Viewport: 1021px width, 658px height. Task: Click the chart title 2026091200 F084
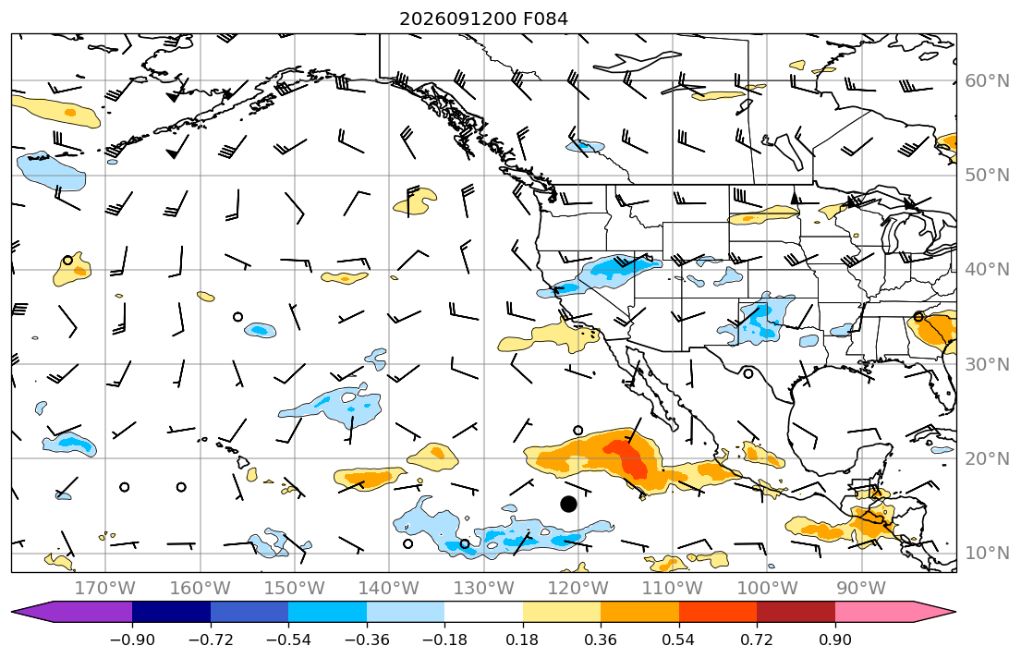(x=483, y=18)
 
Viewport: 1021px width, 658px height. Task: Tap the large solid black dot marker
(x=568, y=504)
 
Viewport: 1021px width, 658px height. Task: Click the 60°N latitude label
(x=987, y=80)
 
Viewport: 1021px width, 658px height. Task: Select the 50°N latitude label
(x=987, y=176)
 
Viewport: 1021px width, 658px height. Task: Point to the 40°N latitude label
(x=987, y=270)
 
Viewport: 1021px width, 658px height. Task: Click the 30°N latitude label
(x=987, y=364)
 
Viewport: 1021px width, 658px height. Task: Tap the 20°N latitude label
(x=987, y=458)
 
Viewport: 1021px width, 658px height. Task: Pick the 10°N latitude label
(x=987, y=554)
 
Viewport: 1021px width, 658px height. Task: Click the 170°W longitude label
(x=105, y=589)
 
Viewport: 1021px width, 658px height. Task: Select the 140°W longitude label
(x=389, y=589)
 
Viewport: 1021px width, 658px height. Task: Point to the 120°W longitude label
(x=578, y=589)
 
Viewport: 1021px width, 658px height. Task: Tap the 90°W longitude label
(x=861, y=589)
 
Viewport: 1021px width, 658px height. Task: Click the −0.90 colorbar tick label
(x=132, y=640)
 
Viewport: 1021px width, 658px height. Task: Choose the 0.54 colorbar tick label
(x=678, y=640)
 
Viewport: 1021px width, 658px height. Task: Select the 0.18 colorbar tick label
(x=522, y=640)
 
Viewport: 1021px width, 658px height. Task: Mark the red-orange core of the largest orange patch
(x=629, y=458)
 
